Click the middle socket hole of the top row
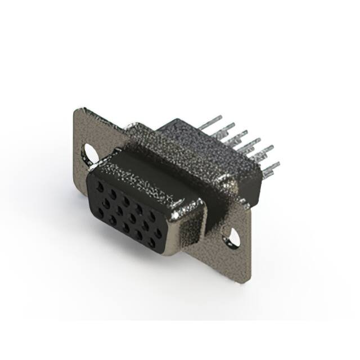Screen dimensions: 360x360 [x=126, y=201]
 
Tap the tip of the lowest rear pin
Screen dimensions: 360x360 [x=278, y=164]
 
